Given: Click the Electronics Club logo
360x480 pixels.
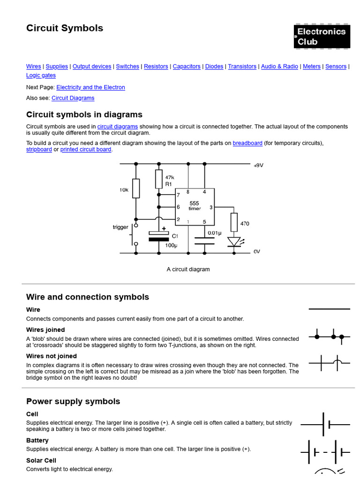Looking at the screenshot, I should click(x=322, y=37).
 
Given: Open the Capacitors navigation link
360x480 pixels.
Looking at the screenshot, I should click(x=187, y=67).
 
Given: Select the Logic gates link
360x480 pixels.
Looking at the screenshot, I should click(x=41, y=75).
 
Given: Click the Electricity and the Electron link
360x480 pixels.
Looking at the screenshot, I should click(x=90, y=87).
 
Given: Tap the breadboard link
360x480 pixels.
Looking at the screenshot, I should click(x=247, y=143).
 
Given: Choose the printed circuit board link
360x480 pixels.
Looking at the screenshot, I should click(x=86, y=150).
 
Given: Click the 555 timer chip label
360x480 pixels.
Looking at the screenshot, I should click(x=195, y=206).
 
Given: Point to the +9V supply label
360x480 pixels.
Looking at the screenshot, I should click(x=258, y=165).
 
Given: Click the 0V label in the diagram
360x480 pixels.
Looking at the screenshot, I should click(x=256, y=252).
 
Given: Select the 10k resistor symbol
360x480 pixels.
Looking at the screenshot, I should click(x=136, y=188).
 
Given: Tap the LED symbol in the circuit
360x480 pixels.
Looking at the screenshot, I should click(x=233, y=241).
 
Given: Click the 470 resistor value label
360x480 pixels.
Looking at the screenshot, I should click(x=245, y=224).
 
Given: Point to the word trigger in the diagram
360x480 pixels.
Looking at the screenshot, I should click(x=120, y=227).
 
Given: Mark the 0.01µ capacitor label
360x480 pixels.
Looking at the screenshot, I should click(x=214, y=232).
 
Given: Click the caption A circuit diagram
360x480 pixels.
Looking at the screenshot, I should click(x=188, y=270).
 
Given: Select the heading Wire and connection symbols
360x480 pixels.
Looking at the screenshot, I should click(x=88, y=297).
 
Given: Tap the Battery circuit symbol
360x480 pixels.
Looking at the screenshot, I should click(x=325, y=452).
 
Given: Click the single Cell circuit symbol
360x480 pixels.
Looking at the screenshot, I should click(x=325, y=425).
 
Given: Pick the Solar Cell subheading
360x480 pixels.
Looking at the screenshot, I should click(x=41, y=461).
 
